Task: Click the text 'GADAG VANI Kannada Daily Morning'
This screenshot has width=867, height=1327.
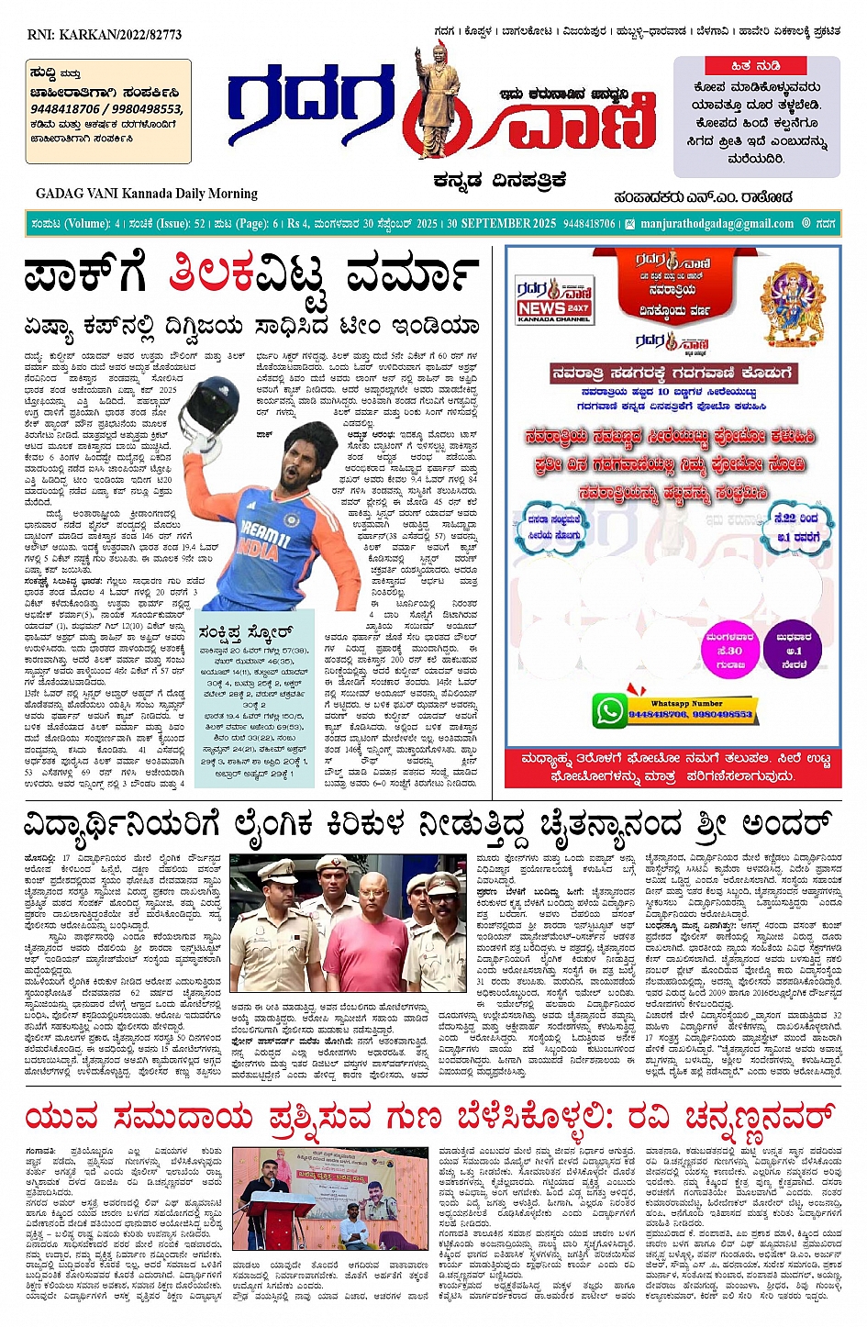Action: pyautogui.click(x=147, y=194)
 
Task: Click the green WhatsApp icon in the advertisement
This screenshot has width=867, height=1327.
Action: pyautogui.click(x=608, y=710)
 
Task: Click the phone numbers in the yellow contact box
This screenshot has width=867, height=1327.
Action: pyautogui.click(x=106, y=108)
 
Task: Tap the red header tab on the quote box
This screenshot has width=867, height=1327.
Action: pyautogui.click(x=755, y=66)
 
